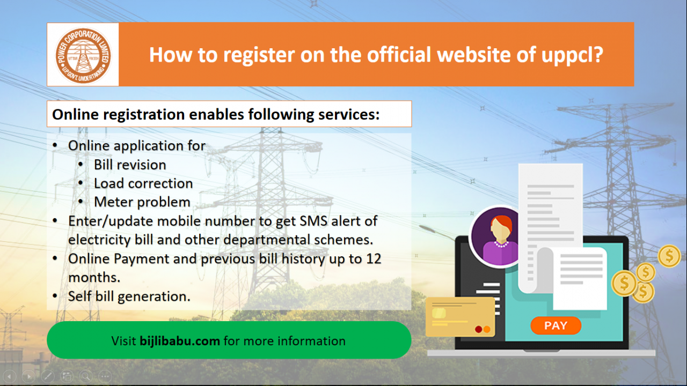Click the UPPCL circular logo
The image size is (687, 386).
(83, 55)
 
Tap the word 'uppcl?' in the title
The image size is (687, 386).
(572, 55)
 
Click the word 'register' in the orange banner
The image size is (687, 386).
(259, 55)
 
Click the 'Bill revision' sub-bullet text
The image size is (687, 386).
(130, 165)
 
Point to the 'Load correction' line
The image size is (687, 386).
(143, 183)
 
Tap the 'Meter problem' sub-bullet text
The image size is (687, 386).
(142, 202)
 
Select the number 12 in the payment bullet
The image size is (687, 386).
(374, 259)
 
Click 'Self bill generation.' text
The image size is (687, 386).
(129, 296)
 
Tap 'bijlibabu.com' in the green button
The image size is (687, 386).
(180, 341)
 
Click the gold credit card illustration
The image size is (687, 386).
(461, 317)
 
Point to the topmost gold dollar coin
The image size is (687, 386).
(669, 256)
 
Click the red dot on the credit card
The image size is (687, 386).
(478, 329)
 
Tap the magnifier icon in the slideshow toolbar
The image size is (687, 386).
(86, 376)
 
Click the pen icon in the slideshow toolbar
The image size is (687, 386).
(48, 376)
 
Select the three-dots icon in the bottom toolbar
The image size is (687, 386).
(105, 376)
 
